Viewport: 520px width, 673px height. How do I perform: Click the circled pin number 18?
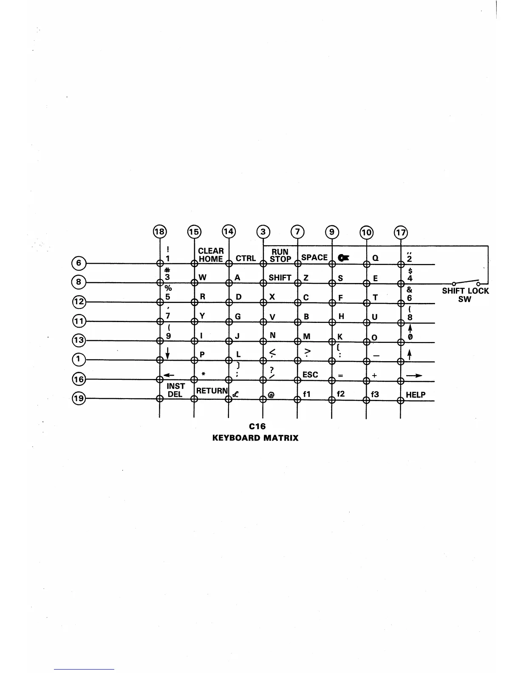[160, 232]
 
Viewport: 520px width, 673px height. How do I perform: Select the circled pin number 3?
[263, 232]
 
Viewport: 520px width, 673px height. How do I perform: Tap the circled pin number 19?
[79, 399]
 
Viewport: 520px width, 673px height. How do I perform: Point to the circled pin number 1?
[79, 359]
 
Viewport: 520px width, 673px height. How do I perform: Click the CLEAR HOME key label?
[211, 255]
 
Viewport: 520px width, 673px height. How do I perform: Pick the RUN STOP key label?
[280, 255]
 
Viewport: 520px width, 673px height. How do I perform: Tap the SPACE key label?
[314, 257]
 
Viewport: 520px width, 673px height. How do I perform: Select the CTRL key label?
[246, 258]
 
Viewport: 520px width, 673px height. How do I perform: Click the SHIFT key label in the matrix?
[280, 278]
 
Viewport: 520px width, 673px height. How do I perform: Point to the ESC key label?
[310, 375]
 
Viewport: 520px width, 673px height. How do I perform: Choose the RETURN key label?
[212, 390]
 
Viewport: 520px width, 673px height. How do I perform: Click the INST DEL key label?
[175, 390]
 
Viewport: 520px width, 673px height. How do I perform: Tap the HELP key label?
[415, 395]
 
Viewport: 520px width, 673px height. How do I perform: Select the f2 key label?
[341, 394]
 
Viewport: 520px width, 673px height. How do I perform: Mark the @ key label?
[271, 395]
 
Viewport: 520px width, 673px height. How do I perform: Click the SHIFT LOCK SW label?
[465, 295]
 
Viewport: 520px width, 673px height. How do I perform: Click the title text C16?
[257, 426]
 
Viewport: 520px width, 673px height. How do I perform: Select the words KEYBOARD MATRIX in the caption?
[255, 438]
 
